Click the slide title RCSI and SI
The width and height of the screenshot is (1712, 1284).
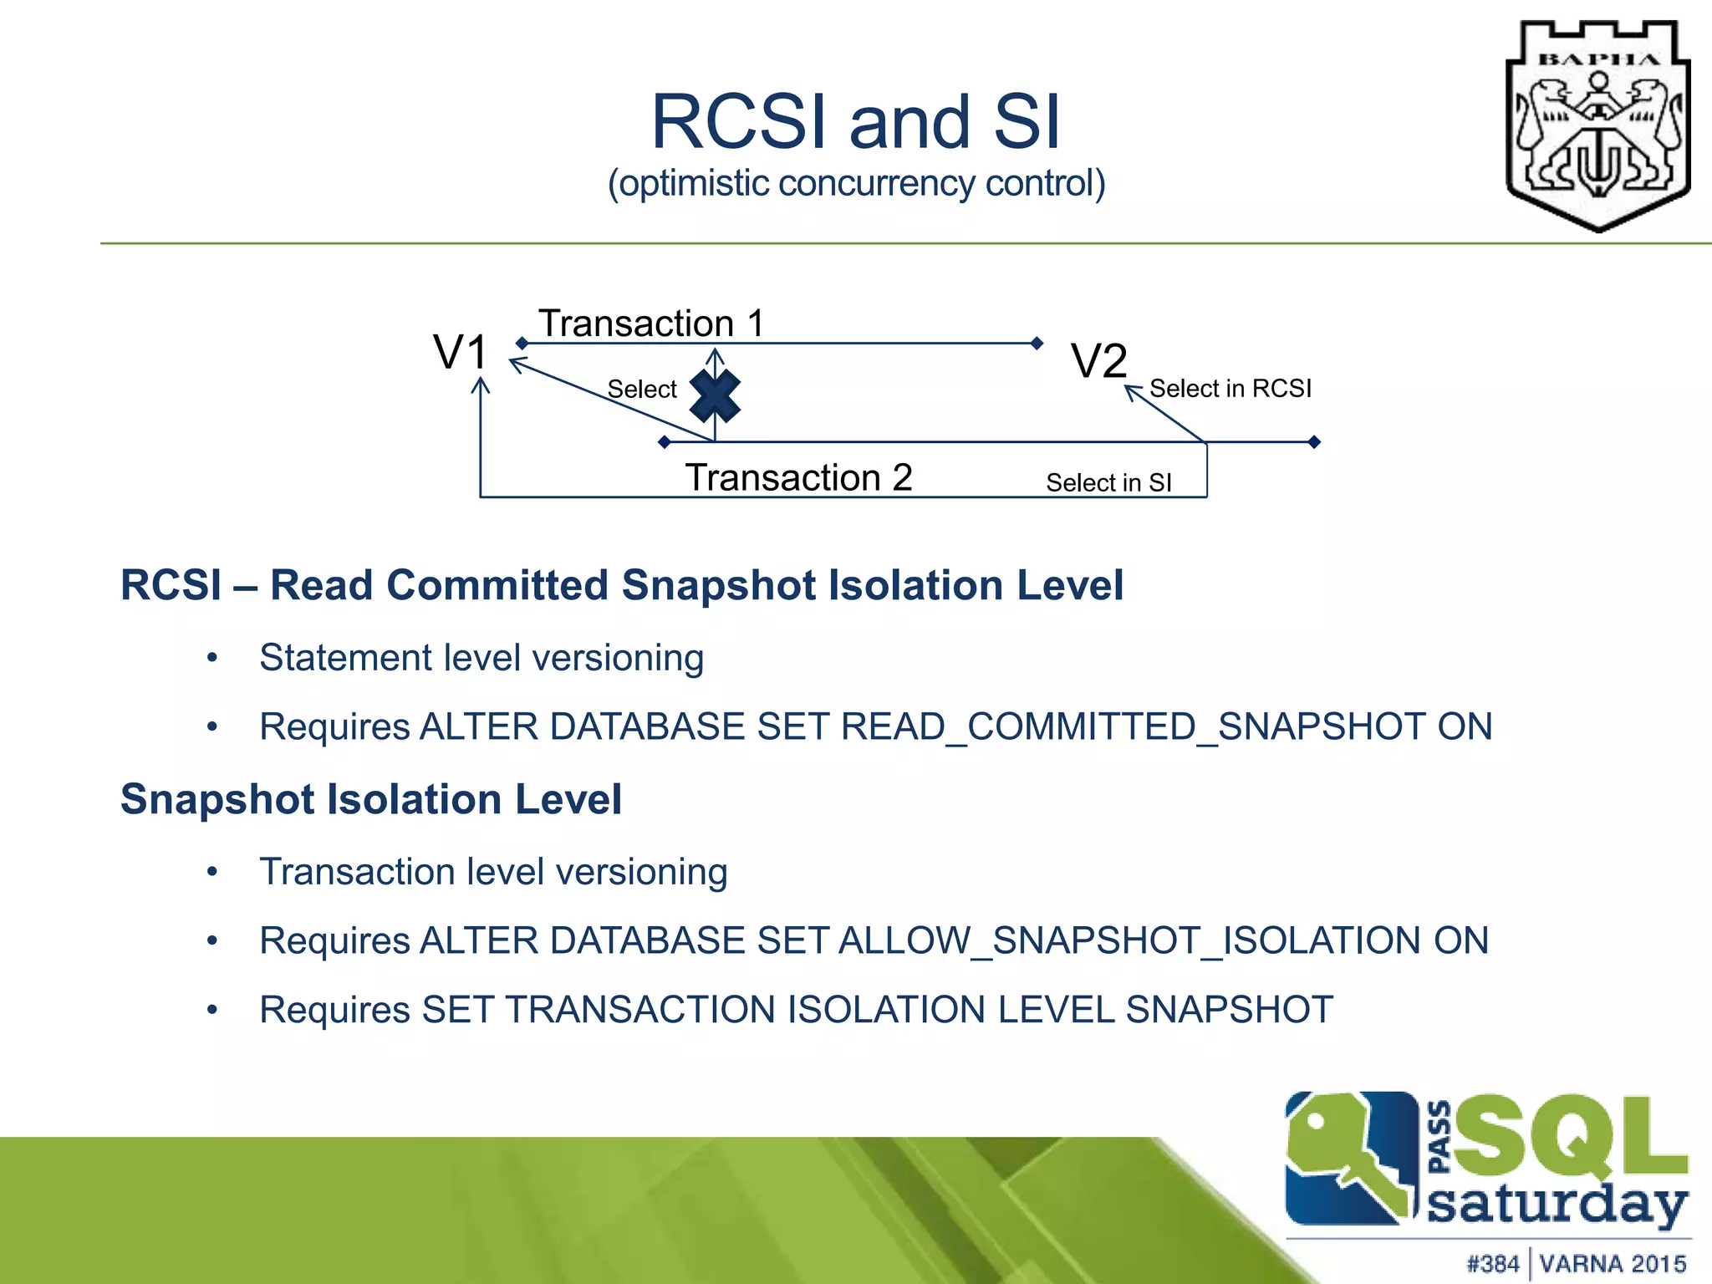click(x=855, y=123)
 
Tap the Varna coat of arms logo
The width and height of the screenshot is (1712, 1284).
click(x=1597, y=125)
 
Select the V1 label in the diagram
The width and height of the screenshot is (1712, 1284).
click(x=460, y=352)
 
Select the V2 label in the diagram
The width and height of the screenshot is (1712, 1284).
click(x=1099, y=362)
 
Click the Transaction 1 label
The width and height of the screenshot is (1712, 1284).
click(x=651, y=324)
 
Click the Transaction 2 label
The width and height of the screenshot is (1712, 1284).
click(x=798, y=478)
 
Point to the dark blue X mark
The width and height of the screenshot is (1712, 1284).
click(x=715, y=395)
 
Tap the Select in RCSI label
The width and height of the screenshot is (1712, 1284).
click(x=1230, y=389)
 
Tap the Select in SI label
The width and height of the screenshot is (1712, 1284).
click(x=1108, y=483)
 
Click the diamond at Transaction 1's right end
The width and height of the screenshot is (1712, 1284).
click(x=1037, y=344)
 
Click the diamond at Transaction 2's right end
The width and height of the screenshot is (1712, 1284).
click(x=1314, y=442)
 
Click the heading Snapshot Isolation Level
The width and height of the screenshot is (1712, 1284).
click(x=371, y=799)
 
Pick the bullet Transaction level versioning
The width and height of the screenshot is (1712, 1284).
click(x=493, y=872)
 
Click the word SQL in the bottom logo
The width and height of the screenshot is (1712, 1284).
click(x=1572, y=1137)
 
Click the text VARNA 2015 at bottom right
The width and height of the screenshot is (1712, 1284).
click(x=1613, y=1263)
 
